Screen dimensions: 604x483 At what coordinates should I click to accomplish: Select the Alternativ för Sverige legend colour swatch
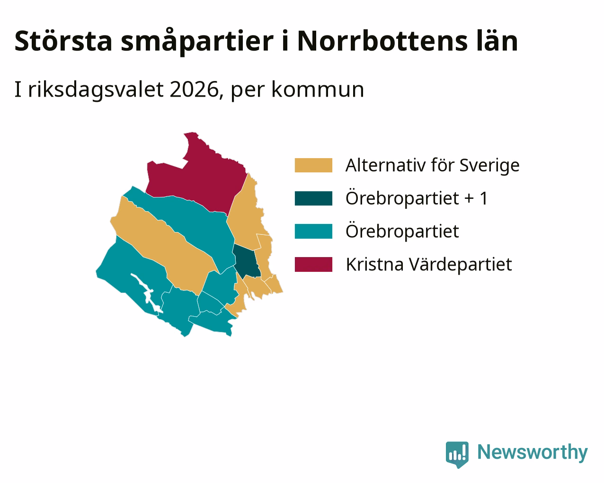313,165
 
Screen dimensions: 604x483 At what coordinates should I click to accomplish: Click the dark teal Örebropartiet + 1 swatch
313,198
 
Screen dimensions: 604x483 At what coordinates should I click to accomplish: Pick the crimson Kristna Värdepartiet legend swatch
313,265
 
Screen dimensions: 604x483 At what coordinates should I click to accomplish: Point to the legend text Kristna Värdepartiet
429,265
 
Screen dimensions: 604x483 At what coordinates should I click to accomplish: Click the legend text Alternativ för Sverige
433,165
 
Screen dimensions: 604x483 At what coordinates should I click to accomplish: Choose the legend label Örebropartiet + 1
417,198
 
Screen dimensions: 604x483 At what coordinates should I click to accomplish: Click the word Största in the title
63,41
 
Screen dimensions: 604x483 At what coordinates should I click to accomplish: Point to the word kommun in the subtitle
318,90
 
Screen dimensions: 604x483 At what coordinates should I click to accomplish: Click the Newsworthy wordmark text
533,453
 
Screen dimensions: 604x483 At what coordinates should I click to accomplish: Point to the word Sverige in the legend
489,166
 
